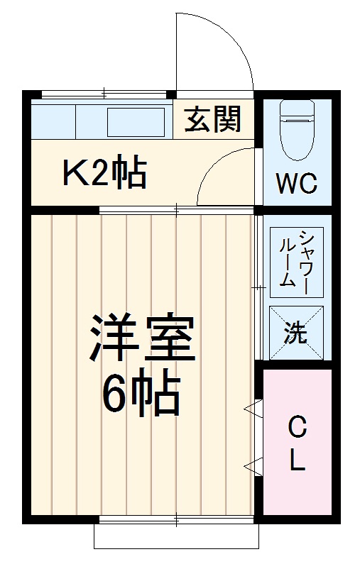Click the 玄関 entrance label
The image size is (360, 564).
pyautogui.click(x=213, y=120)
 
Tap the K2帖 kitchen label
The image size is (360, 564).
pyautogui.click(x=105, y=172)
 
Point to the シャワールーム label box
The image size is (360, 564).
pyautogui.click(x=297, y=259)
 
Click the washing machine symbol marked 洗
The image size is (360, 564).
pyautogui.click(x=297, y=332)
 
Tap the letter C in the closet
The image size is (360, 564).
pyautogui.click(x=298, y=428)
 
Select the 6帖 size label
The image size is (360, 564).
pyautogui.click(x=142, y=394)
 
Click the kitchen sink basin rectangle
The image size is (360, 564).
pyautogui.click(x=136, y=121)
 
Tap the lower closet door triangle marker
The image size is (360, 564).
pyautogui.click(x=251, y=465)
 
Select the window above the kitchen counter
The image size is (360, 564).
pyautogui.click(x=104, y=94)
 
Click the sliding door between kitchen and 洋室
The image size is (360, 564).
pyautogui.click(x=176, y=209)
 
